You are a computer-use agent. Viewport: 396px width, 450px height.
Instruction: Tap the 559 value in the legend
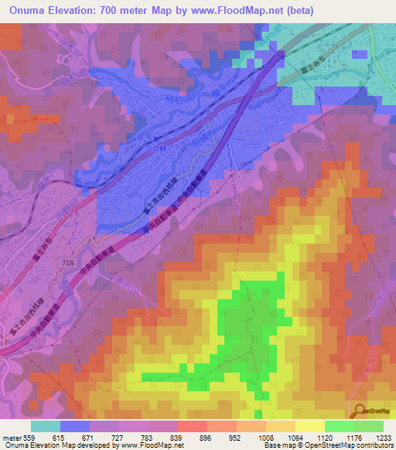(29, 438)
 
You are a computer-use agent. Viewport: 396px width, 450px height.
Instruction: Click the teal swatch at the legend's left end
(46, 426)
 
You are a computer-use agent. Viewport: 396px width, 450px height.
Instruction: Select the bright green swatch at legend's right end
(368, 426)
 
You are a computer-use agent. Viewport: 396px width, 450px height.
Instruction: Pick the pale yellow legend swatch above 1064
(281, 426)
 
